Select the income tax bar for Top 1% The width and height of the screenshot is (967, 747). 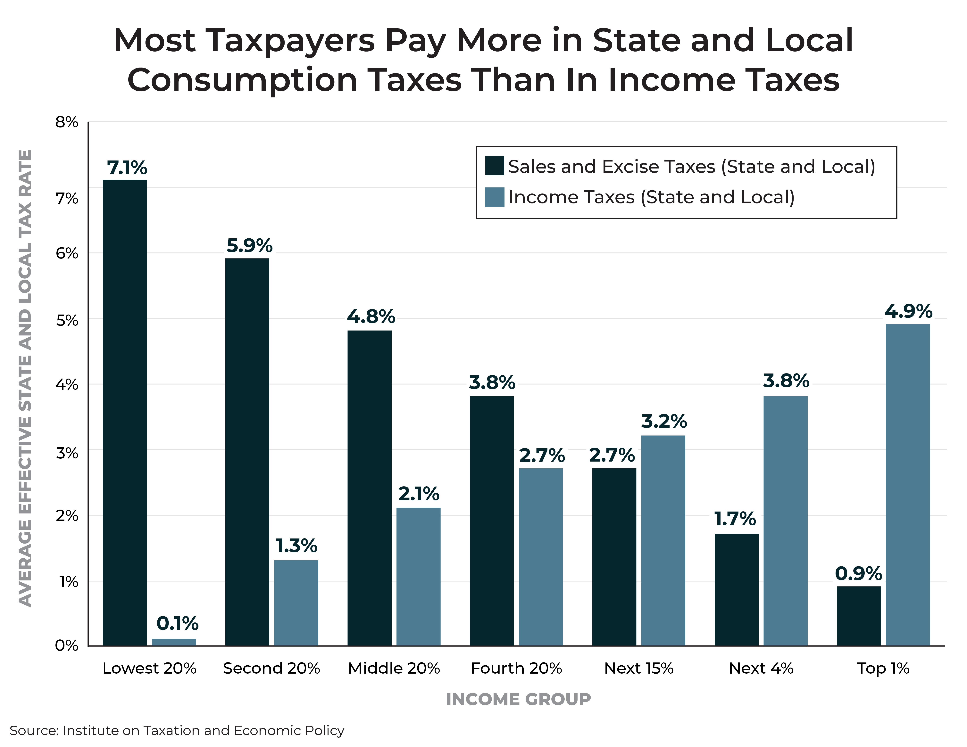pyautogui.click(x=908, y=485)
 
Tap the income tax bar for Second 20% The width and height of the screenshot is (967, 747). pyautogui.click(x=296, y=603)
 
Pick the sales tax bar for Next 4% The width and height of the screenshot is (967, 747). pyautogui.click(x=736, y=589)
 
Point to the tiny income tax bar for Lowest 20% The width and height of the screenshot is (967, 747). pyautogui.click(x=174, y=642)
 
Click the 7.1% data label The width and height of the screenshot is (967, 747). pyautogui.click(x=127, y=168)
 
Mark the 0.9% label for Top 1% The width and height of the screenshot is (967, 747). pyautogui.click(x=858, y=573)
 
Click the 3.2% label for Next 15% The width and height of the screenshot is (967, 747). pyautogui.click(x=664, y=421)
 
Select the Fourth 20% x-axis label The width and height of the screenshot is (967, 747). pyautogui.click(x=516, y=668)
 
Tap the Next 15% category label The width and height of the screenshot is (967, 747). pyautogui.click(x=638, y=668)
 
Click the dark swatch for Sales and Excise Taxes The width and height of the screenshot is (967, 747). pyautogui.click(x=494, y=166)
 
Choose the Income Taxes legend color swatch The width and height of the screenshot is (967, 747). pyautogui.click(x=494, y=197)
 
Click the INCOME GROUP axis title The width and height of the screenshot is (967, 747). pyautogui.click(x=518, y=699)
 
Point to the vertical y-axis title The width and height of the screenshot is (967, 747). pyautogui.click(x=25, y=378)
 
